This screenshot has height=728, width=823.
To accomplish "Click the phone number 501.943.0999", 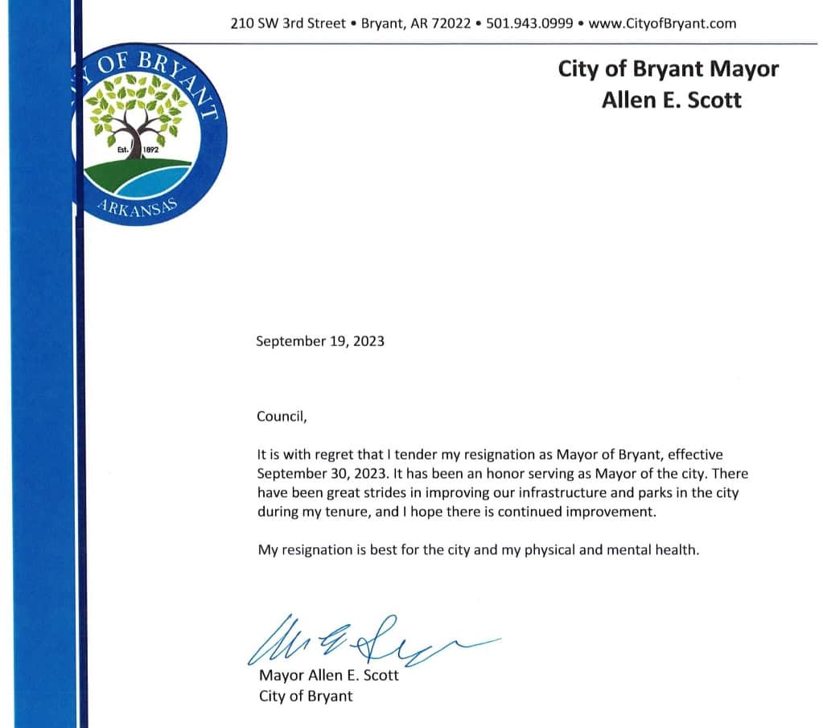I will coord(529,23).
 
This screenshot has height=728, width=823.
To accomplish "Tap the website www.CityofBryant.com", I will coord(662,23).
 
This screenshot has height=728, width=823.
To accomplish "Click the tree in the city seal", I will coord(135,113).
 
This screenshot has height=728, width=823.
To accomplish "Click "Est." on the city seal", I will coord(123,150).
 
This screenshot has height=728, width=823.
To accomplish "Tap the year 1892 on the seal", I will coord(151,150).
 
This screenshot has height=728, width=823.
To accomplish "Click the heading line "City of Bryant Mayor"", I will coord(668,69).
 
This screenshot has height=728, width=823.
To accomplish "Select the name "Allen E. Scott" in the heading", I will coord(671,100).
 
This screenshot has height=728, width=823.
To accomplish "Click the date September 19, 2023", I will coord(320,341).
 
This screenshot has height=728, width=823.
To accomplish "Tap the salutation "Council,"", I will coord(282,417).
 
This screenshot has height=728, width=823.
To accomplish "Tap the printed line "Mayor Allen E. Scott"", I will coord(328,676).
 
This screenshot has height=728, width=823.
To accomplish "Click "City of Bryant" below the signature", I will coord(306,696).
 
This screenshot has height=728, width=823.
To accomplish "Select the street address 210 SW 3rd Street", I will coord(287,23).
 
